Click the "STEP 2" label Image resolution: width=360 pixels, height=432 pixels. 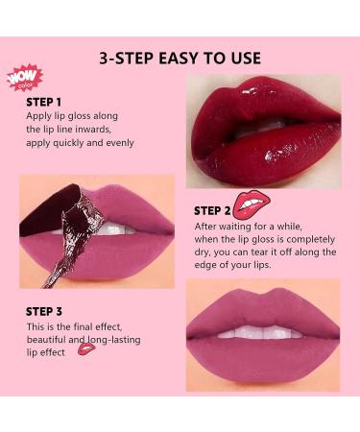coord(212,210)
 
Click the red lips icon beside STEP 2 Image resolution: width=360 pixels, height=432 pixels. coord(252,204)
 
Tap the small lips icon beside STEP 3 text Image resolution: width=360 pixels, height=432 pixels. coord(86,348)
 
